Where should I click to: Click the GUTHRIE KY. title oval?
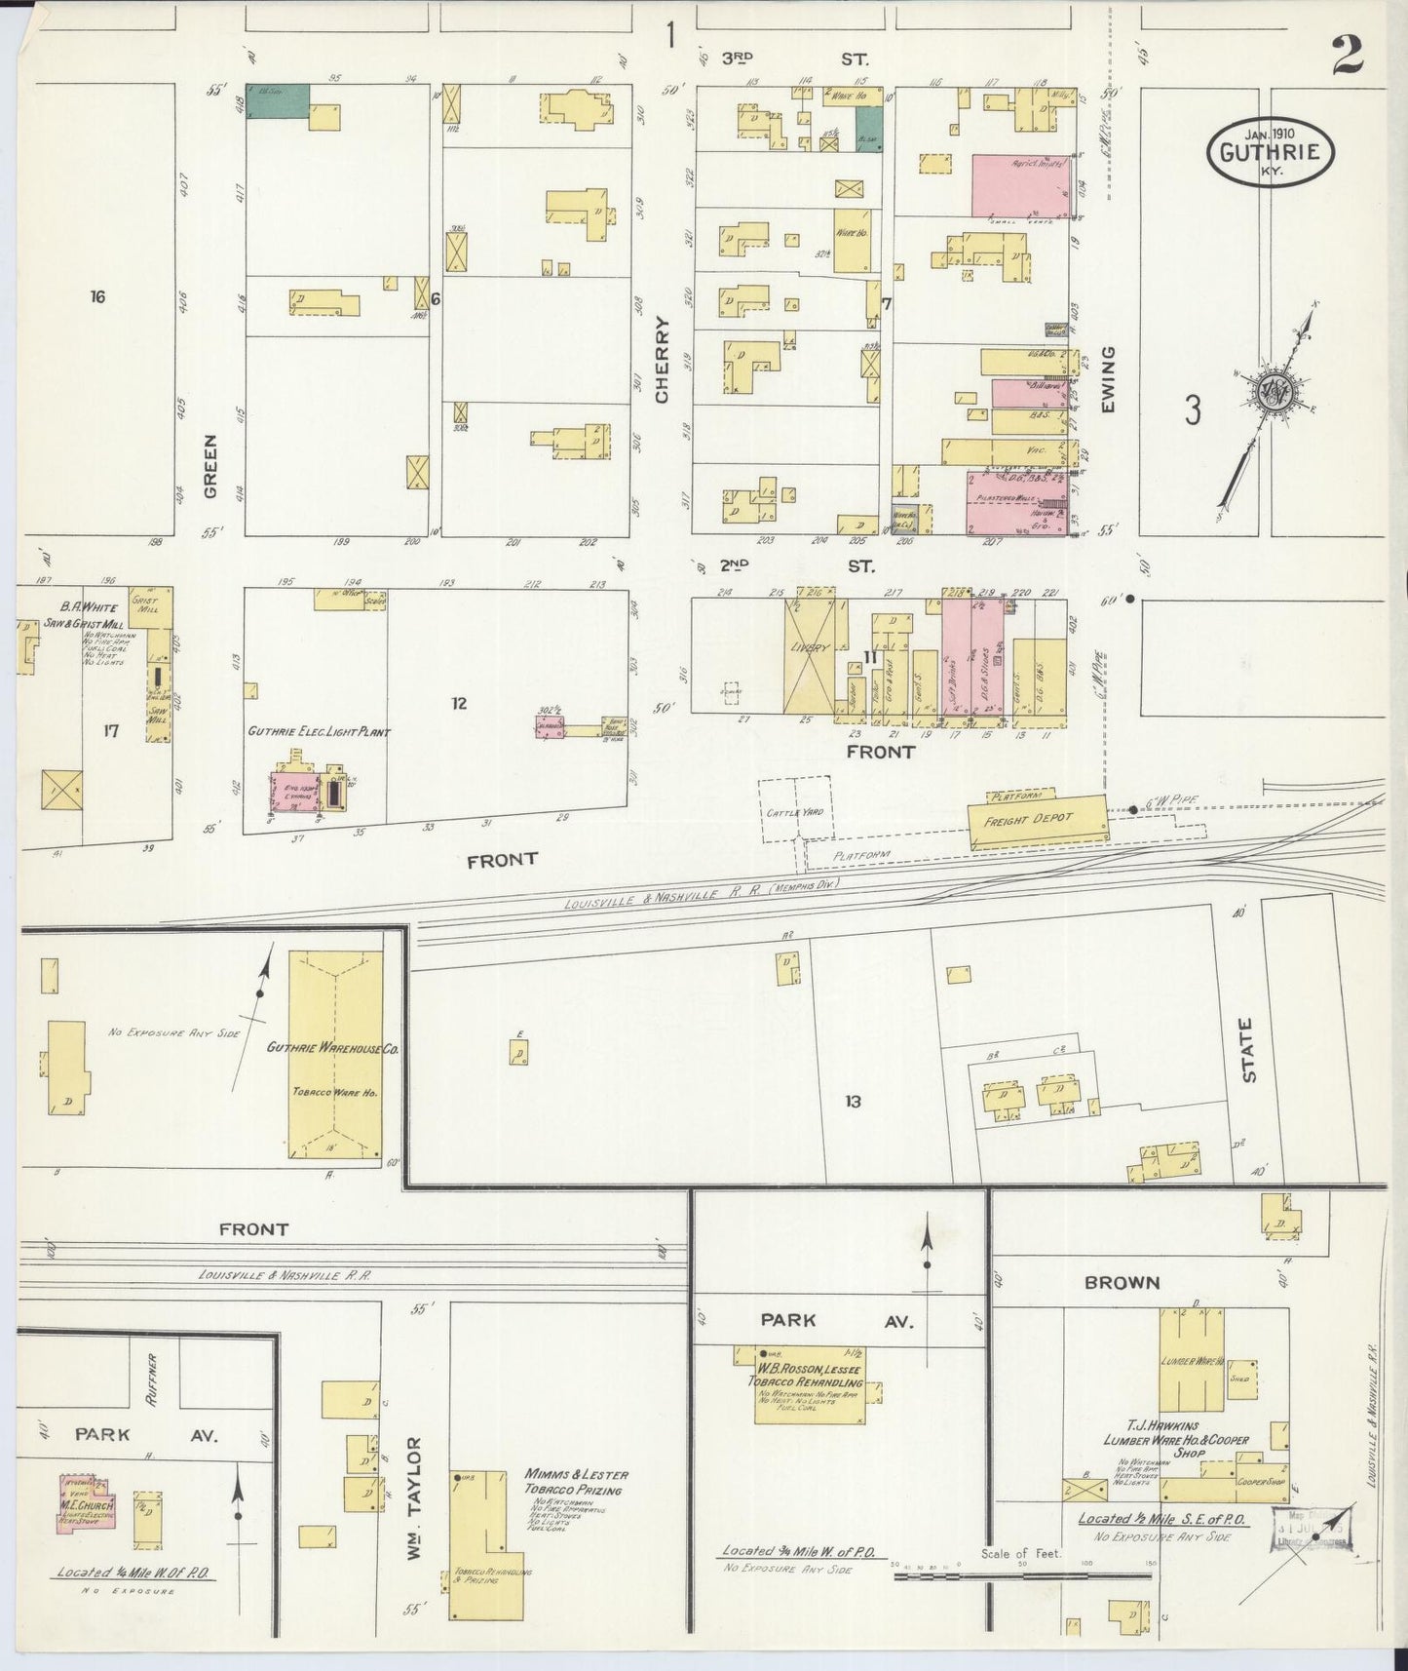(x=1270, y=151)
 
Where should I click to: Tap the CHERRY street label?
(x=664, y=360)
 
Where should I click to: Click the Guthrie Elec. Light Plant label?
(x=319, y=731)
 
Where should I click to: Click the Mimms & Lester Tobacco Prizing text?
(x=576, y=1482)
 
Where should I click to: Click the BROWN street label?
(x=1123, y=1283)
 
